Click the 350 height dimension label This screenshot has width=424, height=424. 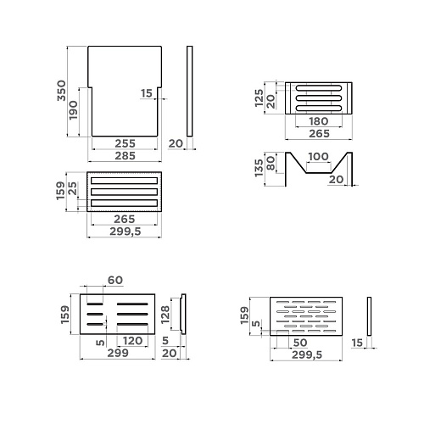(x=61, y=91)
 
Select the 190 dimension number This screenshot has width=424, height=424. (x=73, y=110)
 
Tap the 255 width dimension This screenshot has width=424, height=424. (x=125, y=143)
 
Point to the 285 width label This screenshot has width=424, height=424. (x=125, y=156)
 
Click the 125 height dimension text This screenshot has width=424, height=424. (x=259, y=98)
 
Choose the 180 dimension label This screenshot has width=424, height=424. (x=319, y=121)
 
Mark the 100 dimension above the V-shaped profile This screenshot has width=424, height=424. (x=318, y=156)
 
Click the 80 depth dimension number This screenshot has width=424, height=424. (x=271, y=164)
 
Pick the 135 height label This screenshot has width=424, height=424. (x=259, y=168)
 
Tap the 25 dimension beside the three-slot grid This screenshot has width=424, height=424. (x=72, y=188)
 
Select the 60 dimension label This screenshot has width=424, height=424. (x=115, y=280)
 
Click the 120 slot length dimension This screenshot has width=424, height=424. (x=133, y=341)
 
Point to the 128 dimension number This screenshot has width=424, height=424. (x=165, y=315)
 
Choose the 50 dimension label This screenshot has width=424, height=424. (x=300, y=343)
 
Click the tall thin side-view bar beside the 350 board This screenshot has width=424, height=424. (x=190, y=91)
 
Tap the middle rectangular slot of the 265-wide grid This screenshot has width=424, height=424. (x=124, y=192)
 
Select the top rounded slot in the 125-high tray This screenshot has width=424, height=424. (x=319, y=88)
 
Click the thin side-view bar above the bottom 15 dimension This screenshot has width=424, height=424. (x=369, y=316)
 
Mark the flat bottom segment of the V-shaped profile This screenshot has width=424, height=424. (x=319, y=173)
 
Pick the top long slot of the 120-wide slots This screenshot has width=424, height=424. (x=132, y=304)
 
